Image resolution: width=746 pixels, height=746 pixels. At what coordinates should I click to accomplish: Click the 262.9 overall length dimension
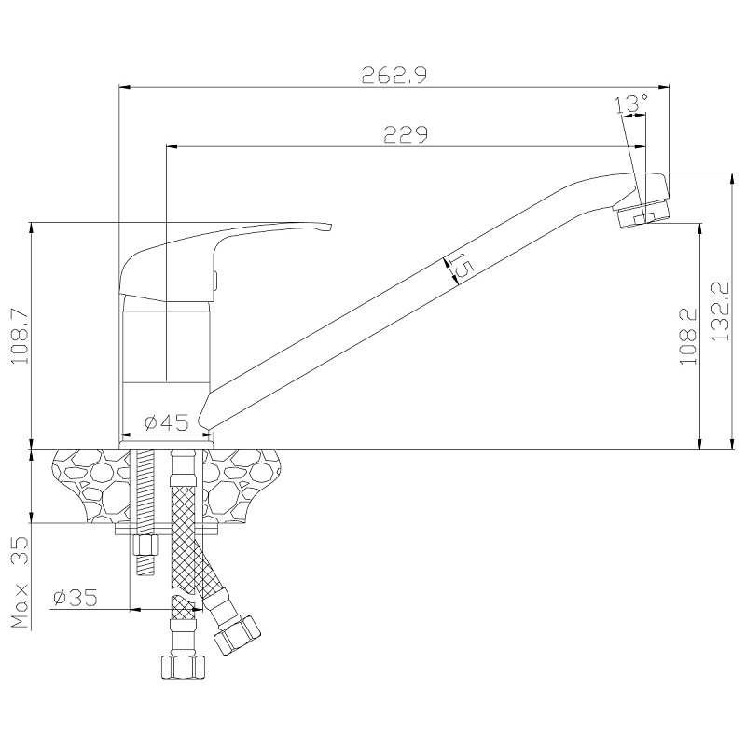394,75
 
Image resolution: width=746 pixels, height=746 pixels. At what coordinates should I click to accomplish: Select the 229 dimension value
406,134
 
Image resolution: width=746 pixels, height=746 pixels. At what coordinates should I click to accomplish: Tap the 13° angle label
632,104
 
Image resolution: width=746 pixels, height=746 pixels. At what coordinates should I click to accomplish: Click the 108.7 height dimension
20,336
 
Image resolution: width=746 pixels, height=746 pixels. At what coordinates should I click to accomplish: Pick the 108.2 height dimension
688,336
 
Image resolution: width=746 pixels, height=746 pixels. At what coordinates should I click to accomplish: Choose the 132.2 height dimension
721,311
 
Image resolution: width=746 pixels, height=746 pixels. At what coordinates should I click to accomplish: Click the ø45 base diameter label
167,422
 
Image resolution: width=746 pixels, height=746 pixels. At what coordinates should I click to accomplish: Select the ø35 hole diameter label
76,598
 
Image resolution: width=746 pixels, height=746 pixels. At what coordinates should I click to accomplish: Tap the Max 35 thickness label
20,583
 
